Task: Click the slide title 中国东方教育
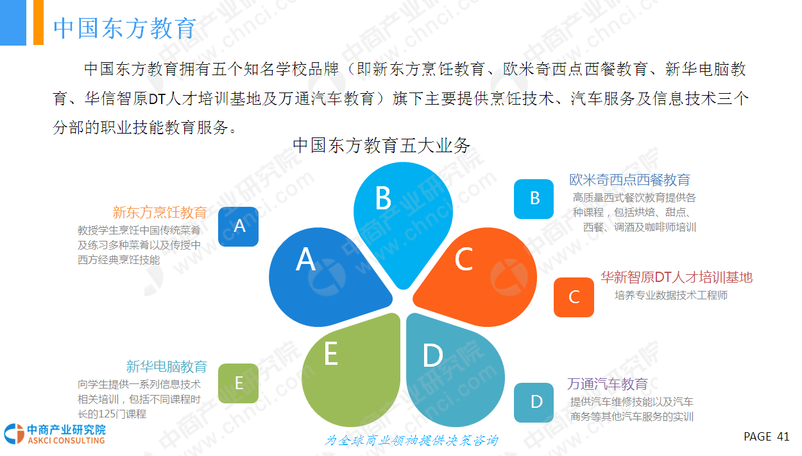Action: tap(124, 28)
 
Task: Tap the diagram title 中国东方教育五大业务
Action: tap(381, 146)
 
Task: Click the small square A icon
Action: tap(239, 227)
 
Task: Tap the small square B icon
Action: tap(534, 199)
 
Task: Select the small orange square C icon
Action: tap(574, 297)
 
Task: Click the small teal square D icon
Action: tap(534, 403)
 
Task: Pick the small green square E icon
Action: tap(239, 383)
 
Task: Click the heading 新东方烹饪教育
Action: tap(160, 212)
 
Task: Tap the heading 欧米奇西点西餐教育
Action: tap(630, 180)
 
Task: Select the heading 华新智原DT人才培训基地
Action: tap(676, 277)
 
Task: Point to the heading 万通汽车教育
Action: tap(608, 384)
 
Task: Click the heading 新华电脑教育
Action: tap(166, 366)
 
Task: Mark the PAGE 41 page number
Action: tap(767, 437)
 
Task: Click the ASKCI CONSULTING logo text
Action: tap(66, 440)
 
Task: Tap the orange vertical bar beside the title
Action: tap(38, 22)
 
